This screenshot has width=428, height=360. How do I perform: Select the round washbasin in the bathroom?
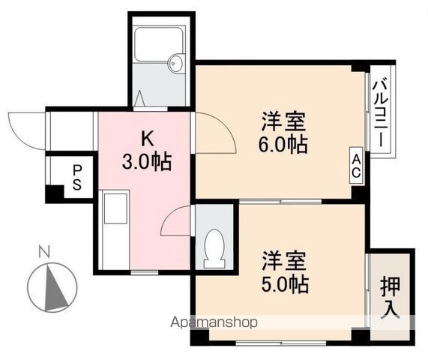pos(176,62)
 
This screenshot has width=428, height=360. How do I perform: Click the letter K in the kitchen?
pos(148,139)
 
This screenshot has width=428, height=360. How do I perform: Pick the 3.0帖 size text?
pos(147,160)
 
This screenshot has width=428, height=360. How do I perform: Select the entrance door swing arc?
pos(26,127)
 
